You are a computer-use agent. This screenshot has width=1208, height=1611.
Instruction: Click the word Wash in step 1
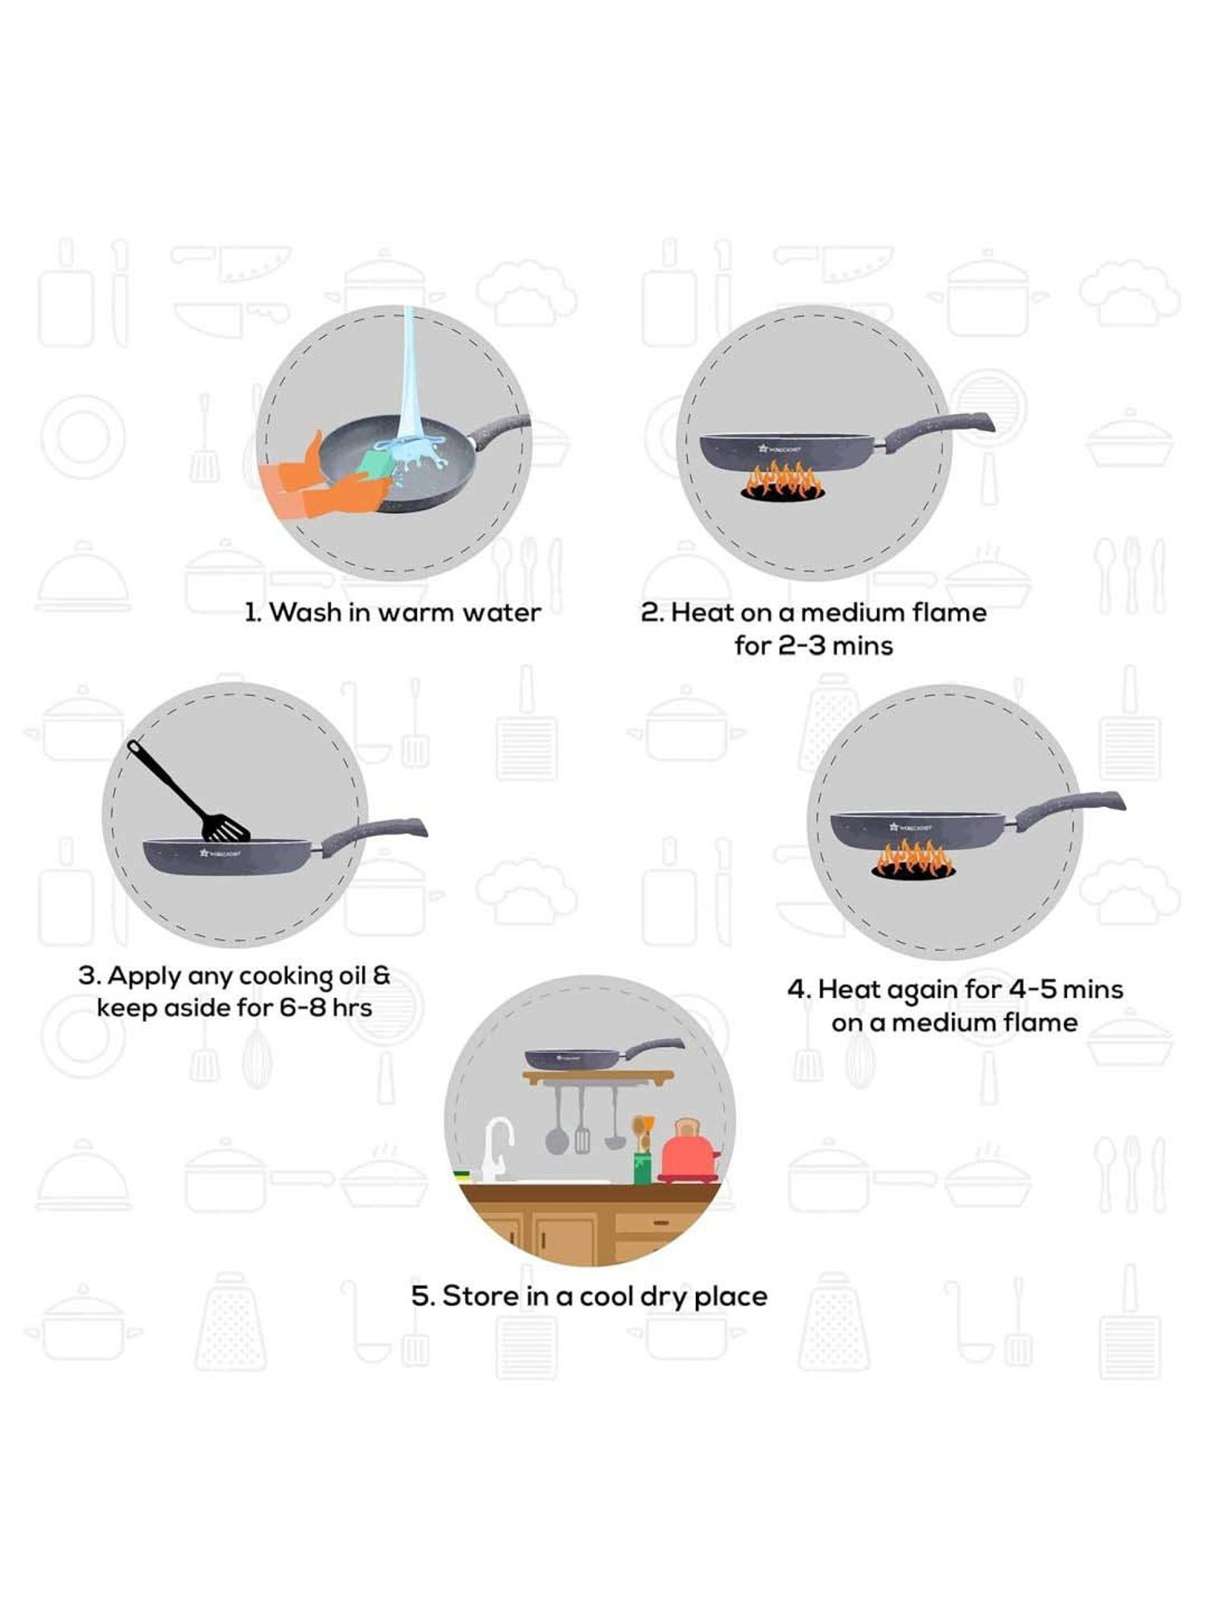click(304, 613)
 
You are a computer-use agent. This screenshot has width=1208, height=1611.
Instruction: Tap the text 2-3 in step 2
click(801, 646)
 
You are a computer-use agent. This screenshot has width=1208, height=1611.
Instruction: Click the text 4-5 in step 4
click(1031, 989)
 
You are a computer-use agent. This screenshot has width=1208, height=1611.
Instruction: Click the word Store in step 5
click(480, 1296)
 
